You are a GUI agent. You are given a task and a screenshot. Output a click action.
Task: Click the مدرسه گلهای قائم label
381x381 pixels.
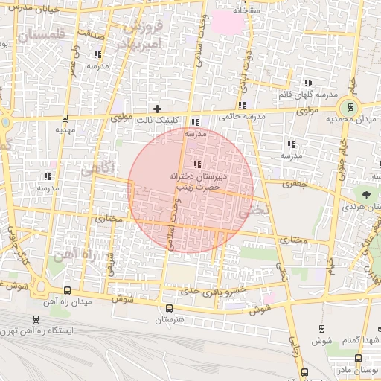click(x=307, y=95)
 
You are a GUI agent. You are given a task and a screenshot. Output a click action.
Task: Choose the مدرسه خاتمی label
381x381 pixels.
click(x=242, y=117)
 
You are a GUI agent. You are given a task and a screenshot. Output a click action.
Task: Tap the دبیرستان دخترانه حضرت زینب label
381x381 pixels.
click(x=196, y=182)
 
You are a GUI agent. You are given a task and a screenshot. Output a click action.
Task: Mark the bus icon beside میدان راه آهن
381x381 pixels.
click(x=68, y=291)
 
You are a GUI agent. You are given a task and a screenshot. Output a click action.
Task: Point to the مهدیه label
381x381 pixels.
click(x=65, y=129)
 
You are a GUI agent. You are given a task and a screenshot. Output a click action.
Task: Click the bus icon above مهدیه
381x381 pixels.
click(x=65, y=117)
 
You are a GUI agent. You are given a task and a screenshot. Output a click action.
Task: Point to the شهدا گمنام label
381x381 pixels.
click(x=362, y=339)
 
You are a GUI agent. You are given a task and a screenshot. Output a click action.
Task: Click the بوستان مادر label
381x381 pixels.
click(x=365, y=370)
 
